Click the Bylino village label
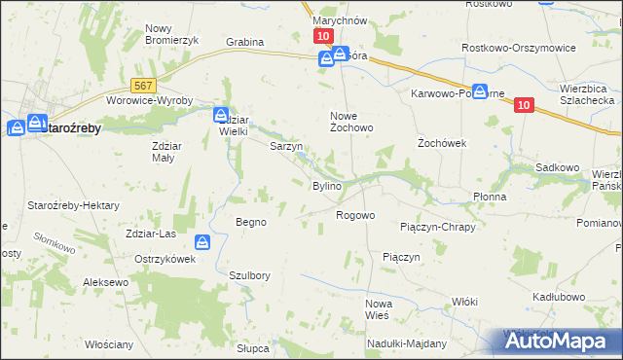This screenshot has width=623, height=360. click(x=326, y=186)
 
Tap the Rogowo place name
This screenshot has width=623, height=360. click(x=355, y=215)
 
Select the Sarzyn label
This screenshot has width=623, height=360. click(x=286, y=147)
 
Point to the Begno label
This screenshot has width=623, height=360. click(x=250, y=222)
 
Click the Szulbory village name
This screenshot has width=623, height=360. click(x=249, y=275)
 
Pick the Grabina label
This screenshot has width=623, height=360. click(x=245, y=43)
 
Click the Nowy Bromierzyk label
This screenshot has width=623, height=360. click(x=171, y=34)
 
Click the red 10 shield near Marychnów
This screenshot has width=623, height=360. click(x=323, y=35)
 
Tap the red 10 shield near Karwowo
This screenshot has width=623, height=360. click(x=524, y=106)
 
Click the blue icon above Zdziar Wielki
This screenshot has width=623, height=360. click(x=222, y=114)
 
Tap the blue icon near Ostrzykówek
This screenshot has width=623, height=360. click(x=202, y=242)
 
